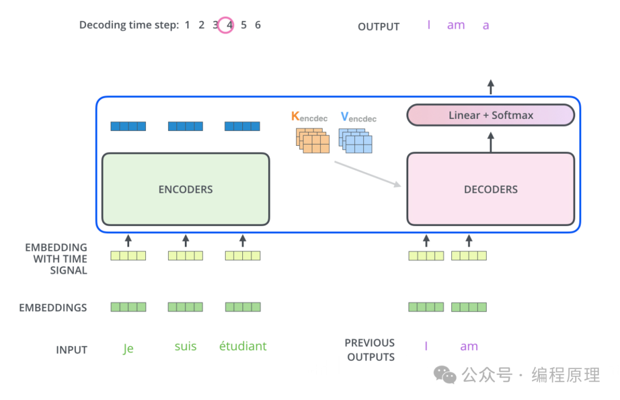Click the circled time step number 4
[x=230, y=25]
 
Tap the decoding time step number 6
[x=258, y=25]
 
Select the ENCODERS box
[x=185, y=189]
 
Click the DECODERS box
[x=490, y=189]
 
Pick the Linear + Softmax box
[x=490, y=115]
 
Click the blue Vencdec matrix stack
[x=355, y=141]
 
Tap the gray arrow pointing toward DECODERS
[x=367, y=173]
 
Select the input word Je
[x=128, y=348]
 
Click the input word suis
[x=185, y=347]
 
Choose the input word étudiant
[x=243, y=347]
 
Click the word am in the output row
[x=456, y=25]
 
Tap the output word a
[x=486, y=26]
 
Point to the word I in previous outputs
[x=426, y=347]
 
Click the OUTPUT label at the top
[x=378, y=27]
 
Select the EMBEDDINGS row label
[x=53, y=308]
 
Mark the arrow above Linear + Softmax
[x=490, y=87]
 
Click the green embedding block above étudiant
[x=243, y=307]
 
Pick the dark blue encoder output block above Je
[x=128, y=126]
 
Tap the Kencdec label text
[x=309, y=118]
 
